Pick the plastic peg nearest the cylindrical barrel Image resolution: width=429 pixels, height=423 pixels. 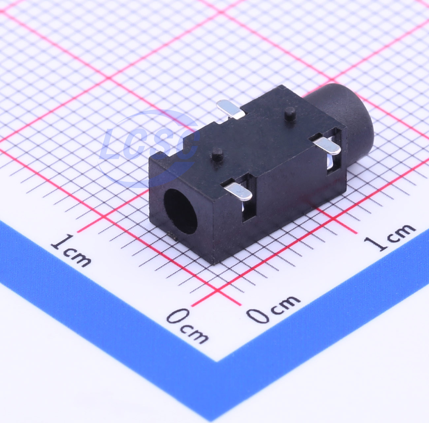coord(290,113)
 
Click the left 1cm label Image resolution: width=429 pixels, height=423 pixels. coord(71,251)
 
